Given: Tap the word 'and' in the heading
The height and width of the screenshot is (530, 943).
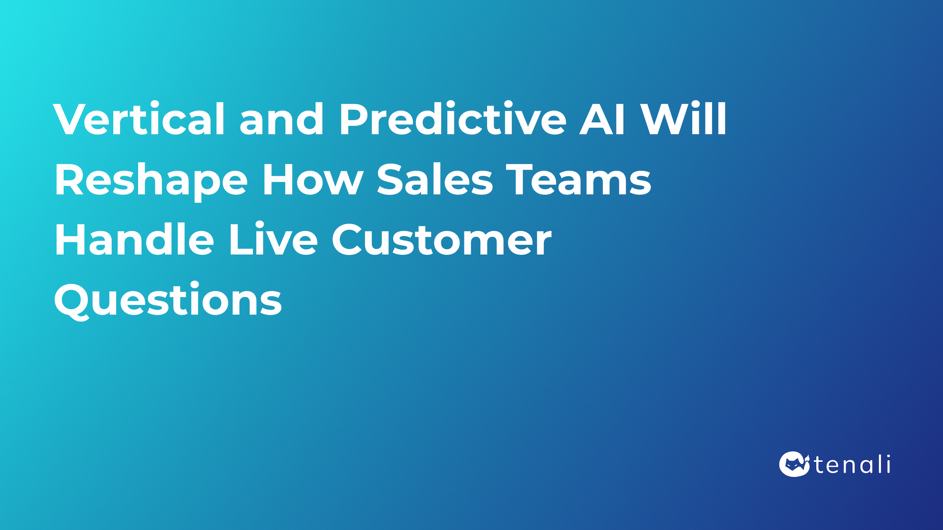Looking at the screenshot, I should [x=281, y=119].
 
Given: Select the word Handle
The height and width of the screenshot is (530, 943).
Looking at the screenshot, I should [x=134, y=240].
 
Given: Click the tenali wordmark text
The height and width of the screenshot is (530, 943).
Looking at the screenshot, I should [x=852, y=465].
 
